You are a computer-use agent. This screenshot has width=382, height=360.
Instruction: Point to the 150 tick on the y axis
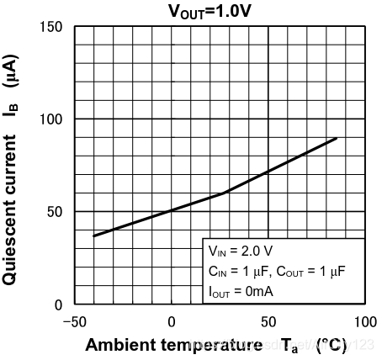[x=52, y=27]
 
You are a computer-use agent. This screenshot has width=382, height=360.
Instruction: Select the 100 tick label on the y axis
[x=52, y=119]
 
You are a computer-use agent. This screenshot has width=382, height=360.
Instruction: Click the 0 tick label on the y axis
[x=59, y=304]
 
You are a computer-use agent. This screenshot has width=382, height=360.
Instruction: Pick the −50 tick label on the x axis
[x=75, y=321]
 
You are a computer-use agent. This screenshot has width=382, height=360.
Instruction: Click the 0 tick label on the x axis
[x=172, y=321]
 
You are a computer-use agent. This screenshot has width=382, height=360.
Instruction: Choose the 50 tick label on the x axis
[x=268, y=321]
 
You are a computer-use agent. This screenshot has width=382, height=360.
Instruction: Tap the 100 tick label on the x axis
[x=364, y=321]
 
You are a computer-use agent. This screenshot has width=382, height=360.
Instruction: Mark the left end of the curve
[x=94, y=236]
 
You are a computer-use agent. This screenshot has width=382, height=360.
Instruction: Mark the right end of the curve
[x=337, y=138]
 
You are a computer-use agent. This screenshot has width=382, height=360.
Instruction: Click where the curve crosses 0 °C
[x=172, y=210]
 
